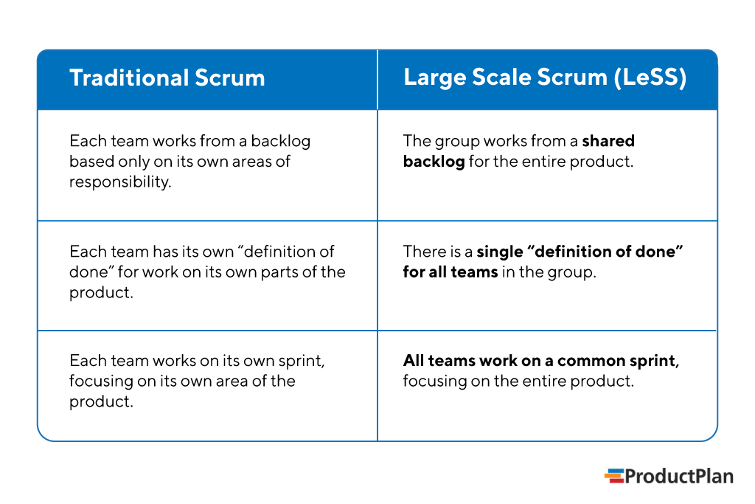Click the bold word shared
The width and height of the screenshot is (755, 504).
click(x=608, y=140)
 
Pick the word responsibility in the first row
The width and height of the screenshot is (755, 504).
click(x=119, y=182)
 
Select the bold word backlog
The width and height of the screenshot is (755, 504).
click(x=434, y=161)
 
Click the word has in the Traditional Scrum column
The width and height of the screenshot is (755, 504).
click(x=165, y=252)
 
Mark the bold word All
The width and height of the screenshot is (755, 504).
click(x=413, y=361)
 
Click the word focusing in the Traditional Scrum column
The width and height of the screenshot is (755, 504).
click(x=100, y=382)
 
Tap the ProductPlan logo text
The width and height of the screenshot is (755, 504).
click(x=679, y=477)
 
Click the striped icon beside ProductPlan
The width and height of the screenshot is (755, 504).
click(x=613, y=477)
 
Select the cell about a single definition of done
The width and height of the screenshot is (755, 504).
click(x=546, y=275)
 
